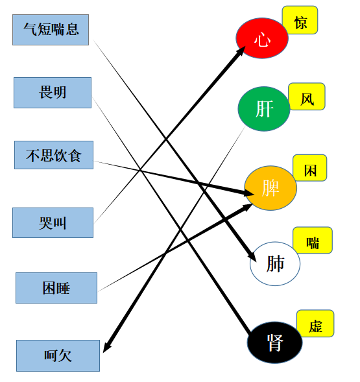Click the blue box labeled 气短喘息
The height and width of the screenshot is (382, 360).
[51, 30]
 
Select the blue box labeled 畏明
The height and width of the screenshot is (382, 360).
[53, 93]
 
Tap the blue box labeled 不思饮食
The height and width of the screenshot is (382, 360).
[54, 155]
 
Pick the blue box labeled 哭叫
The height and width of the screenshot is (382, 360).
[53, 222]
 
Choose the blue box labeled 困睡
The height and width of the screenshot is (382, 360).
[56, 288]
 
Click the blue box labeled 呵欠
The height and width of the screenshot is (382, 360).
[58, 355]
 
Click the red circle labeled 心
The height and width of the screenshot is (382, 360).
[262, 38]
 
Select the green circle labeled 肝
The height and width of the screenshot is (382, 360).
[264, 109]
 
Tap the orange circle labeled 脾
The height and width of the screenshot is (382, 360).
[270, 188]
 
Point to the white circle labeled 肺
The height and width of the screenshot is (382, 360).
[275, 263]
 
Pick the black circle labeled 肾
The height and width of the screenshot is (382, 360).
[274, 342]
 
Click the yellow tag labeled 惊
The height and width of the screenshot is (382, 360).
[300, 20]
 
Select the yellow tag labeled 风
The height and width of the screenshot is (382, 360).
[307, 97]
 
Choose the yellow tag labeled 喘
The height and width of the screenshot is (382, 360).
[313, 240]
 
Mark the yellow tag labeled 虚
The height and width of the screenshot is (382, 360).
[315, 324]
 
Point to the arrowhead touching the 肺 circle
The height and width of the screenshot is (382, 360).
[252, 257]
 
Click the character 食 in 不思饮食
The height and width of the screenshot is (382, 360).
[75, 156]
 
